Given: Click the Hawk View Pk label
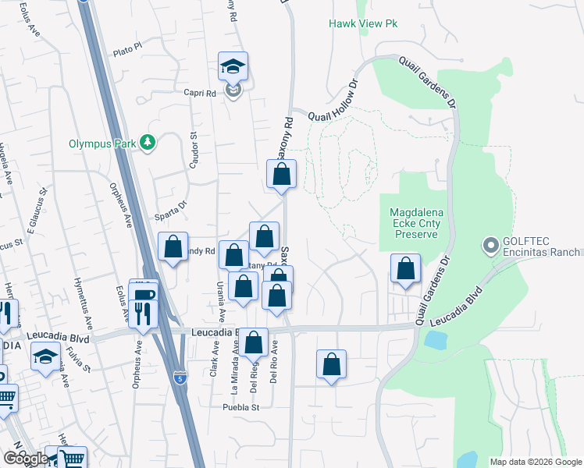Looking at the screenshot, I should click(x=363, y=24).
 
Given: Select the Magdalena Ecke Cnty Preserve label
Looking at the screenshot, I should click(x=415, y=223).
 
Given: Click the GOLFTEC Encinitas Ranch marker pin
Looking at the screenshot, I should click(x=490, y=246).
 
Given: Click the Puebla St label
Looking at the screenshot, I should click(x=240, y=406).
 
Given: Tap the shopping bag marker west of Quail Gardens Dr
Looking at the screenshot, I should click(x=405, y=270).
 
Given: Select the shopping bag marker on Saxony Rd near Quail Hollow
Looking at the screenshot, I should click(x=282, y=175).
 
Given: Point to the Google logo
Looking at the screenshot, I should click(x=26, y=458).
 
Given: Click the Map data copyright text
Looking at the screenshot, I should click(x=536, y=462).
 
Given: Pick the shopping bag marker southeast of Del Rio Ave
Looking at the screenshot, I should click(x=331, y=365).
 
